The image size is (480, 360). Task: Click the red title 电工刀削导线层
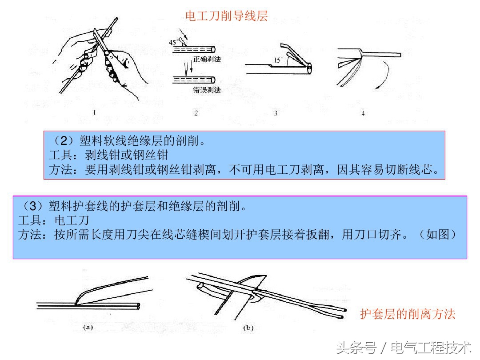(x=227, y=16)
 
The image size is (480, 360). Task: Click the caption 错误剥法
(x=207, y=90)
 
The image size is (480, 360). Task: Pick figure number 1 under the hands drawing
(x=94, y=113)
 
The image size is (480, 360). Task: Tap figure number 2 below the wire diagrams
(x=196, y=113)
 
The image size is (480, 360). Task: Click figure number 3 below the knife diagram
(x=276, y=113)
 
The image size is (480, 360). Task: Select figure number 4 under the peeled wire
(x=363, y=113)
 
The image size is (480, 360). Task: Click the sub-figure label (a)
(x=88, y=328)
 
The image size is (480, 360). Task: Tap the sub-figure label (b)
(x=248, y=328)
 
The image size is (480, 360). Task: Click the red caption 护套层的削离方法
(x=408, y=314)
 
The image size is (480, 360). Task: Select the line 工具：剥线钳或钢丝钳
(x=108, y=156)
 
